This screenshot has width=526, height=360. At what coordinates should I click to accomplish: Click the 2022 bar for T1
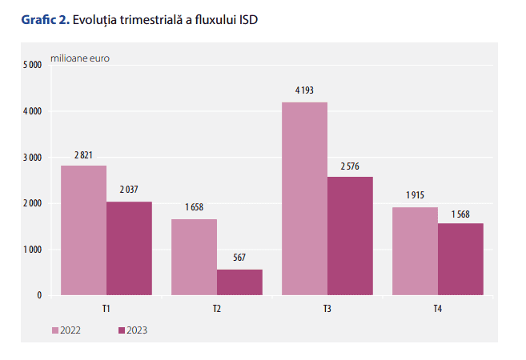[83, 230]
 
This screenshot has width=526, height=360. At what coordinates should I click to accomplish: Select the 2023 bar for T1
[129, 248]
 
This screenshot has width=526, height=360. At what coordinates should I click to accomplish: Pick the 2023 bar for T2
[239, 282]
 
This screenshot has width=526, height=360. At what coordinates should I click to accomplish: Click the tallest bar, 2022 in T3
[304, 198]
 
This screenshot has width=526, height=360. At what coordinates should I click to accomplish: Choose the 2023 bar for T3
[350, 236]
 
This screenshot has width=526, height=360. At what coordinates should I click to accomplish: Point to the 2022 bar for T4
[415, 251]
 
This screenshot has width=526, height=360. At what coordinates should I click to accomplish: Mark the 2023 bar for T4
[460, 259]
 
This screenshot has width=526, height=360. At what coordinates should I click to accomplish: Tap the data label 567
[239, 258]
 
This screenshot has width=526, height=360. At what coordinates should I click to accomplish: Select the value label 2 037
[129, 190]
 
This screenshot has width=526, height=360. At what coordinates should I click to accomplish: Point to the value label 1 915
[415, 195]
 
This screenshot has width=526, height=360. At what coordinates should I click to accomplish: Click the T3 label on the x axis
[327, 308]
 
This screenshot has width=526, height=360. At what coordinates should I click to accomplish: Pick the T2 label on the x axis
[217, 308]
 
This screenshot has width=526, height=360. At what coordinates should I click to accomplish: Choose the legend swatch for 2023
[122, 330]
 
